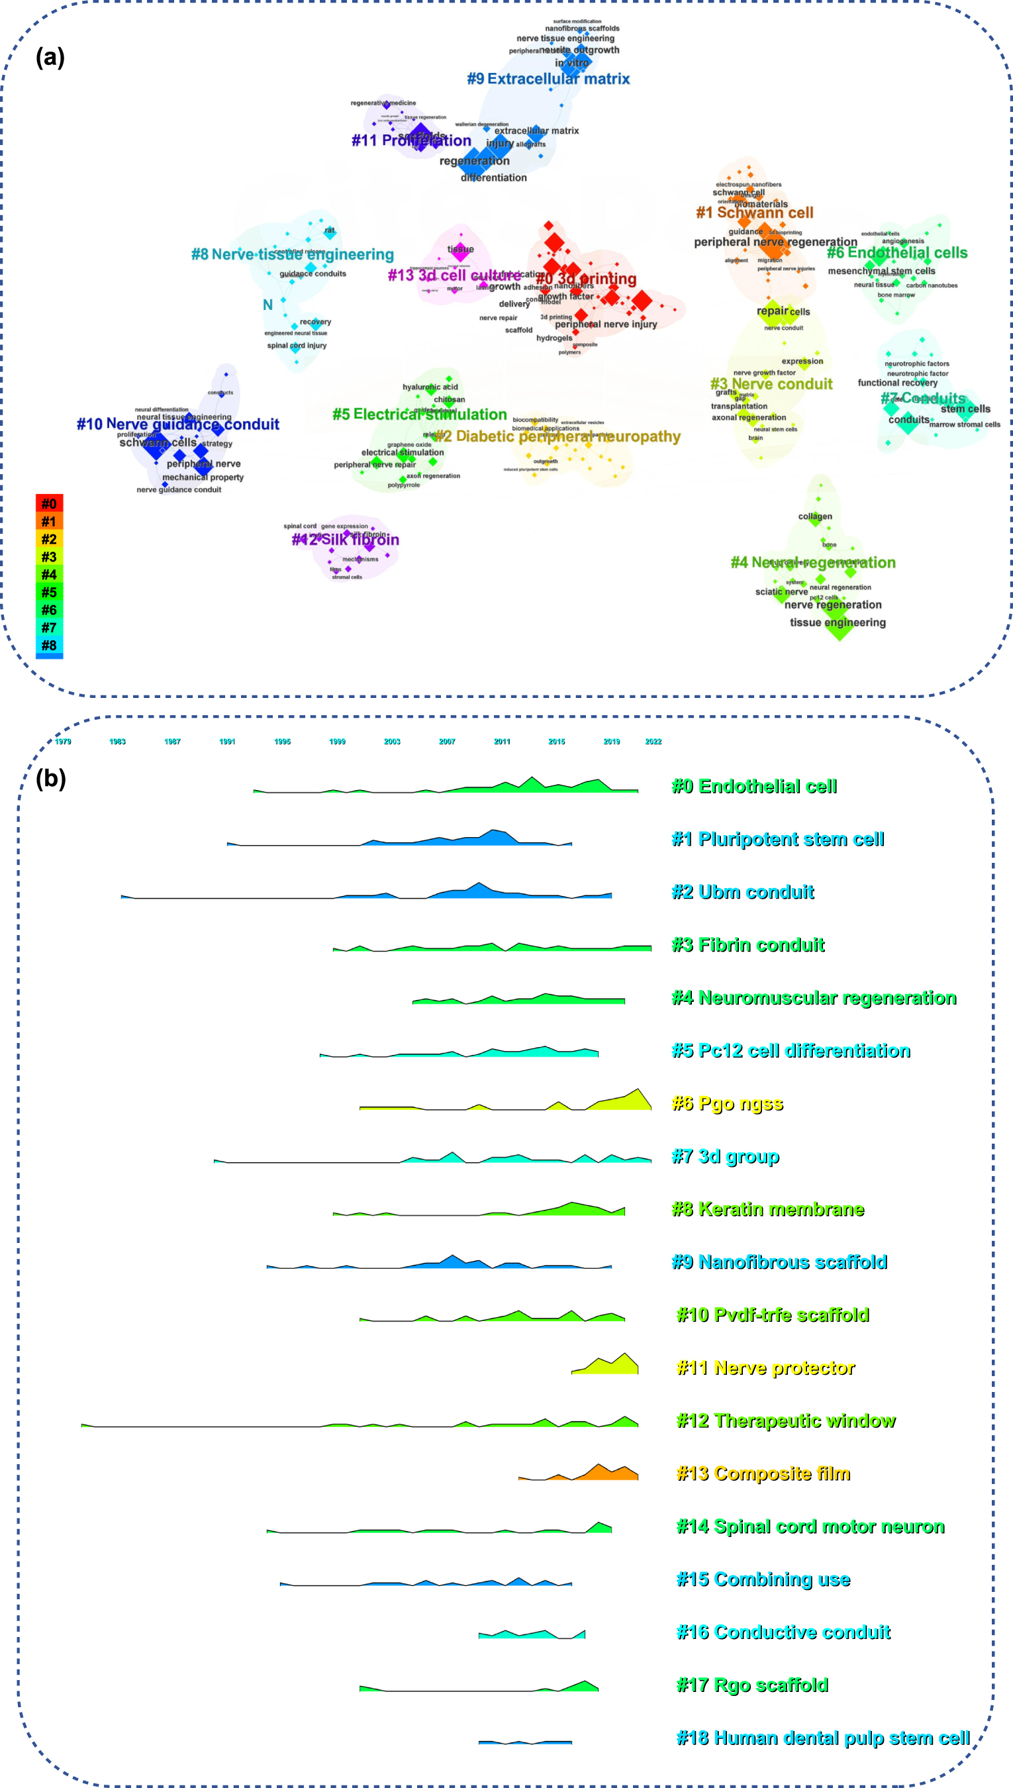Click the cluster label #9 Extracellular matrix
coord(548,79)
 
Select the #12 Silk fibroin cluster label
coord(346,540)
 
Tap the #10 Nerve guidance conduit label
coord(178,424)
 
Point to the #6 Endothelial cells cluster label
coord(897,252)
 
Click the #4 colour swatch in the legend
coord(50,575)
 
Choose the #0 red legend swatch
coord(50,504)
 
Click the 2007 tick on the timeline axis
coord(447,742)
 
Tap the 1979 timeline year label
coord(63,742)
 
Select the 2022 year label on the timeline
coord(653,742)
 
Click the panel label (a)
coord(50,57)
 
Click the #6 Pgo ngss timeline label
coord(727,1103)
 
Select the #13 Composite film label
coord(763,1473)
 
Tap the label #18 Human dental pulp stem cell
coord(823,1738)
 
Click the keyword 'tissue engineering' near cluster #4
coord(838,622)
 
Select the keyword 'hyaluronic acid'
coord(430,387)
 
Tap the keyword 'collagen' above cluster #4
coord(815,517)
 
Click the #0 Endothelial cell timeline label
coord(754,786)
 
